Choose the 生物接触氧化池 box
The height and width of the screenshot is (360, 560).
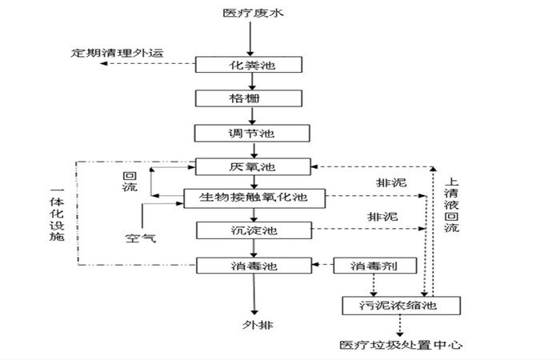(256, 197)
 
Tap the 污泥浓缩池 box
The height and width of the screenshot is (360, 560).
(401, 305)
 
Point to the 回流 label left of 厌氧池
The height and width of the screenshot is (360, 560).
(129, 182)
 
